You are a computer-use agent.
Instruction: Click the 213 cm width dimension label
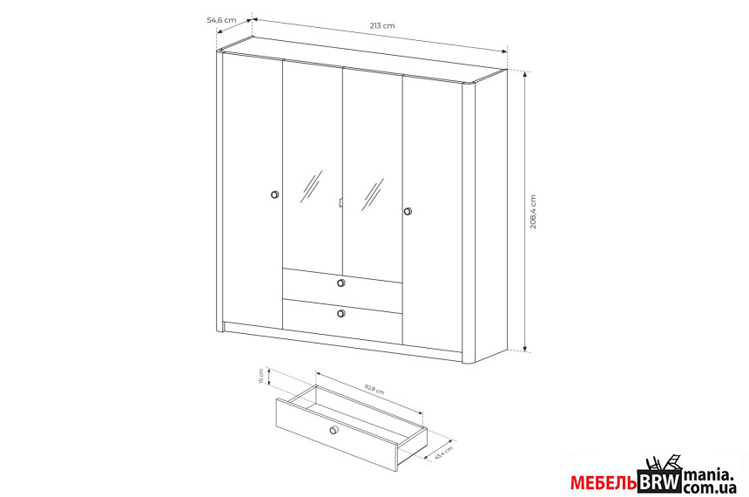382,25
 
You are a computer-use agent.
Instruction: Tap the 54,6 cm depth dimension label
221,20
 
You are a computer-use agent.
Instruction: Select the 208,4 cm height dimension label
533,212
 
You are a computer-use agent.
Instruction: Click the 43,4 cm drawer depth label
444,453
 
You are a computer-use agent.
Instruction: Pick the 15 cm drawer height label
260,376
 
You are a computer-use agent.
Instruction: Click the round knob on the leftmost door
274,194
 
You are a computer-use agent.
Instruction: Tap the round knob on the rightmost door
408,211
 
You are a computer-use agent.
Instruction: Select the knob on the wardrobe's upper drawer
341,283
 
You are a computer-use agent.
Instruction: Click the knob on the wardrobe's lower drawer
341,313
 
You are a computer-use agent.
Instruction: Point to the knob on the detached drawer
334,430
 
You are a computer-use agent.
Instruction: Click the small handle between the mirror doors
341,203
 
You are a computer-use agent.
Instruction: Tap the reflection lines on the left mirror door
311,187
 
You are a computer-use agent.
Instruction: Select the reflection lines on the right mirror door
373,194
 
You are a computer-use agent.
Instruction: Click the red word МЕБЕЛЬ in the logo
604,483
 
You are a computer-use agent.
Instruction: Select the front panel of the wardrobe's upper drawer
342,283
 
